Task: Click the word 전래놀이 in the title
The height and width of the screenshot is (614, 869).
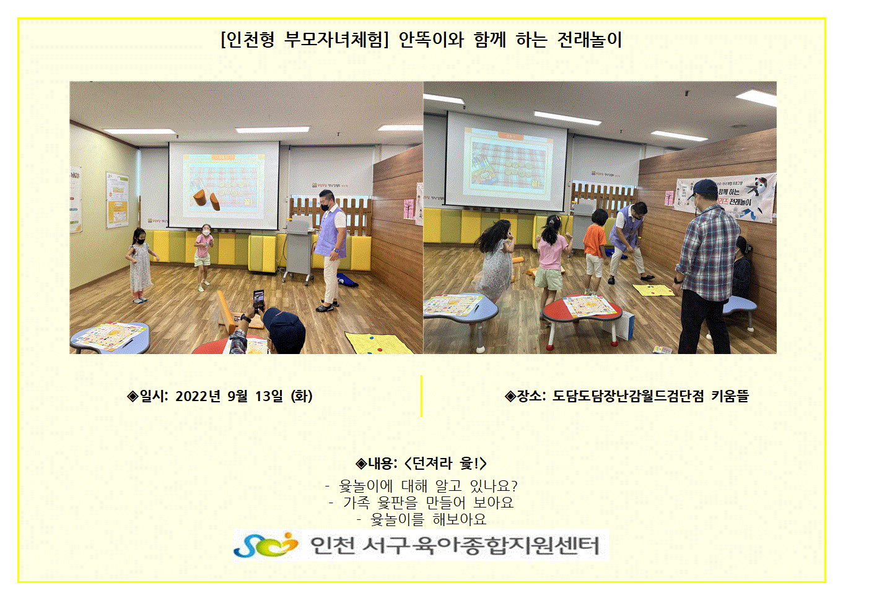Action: click(x=589, y=40)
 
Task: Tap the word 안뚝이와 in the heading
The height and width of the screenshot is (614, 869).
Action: click(x=431, y=40)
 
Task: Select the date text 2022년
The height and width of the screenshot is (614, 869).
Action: click(x=198, y=396)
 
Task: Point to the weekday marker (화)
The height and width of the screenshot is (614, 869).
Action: click(x=302, y=396)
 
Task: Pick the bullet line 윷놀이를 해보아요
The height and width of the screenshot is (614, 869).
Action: click(x=428, y=519)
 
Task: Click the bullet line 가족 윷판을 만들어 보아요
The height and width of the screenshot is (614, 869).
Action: click(x=428, y=503)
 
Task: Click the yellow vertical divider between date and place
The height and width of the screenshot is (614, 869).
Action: click(x=421, y=396)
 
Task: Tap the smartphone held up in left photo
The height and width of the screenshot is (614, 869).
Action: click(x=258, y=300)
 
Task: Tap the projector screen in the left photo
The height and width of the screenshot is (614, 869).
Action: click(x=224, y=185)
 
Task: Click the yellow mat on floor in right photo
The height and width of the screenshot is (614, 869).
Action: click(x=653, y=290)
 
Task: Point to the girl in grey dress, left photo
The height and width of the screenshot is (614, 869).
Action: click(x=139, y=266)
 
